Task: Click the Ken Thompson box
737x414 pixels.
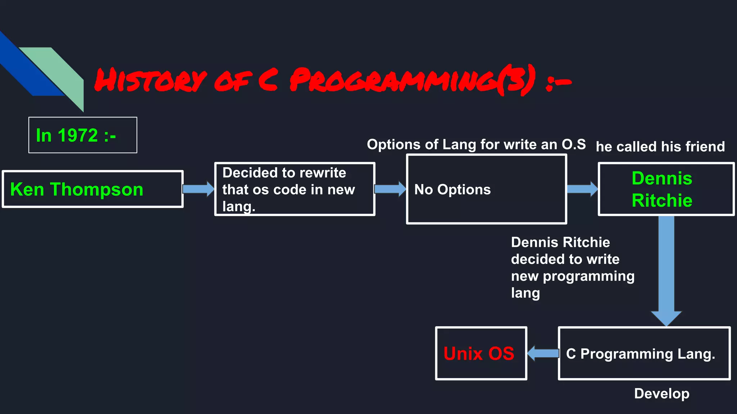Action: (x=92, y=189)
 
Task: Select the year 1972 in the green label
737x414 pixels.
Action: (x=78, y=135)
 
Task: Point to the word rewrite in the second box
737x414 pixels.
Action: (x=322, y=173)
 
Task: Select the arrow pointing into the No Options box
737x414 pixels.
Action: (x=390, y=189)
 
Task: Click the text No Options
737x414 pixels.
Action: (x=452, y=189)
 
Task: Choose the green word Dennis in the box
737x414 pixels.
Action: (x=662, y=178)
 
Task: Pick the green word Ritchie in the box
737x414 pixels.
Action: (x=662, y=200)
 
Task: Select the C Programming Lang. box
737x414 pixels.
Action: (x=644, y=354)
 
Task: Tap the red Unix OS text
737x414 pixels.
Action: (x=479, y=354)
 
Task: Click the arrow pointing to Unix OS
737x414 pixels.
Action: (x=543, y=353)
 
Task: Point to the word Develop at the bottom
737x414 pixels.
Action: (x=661, y=394)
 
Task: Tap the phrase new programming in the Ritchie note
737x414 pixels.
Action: (x=573, y=276)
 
